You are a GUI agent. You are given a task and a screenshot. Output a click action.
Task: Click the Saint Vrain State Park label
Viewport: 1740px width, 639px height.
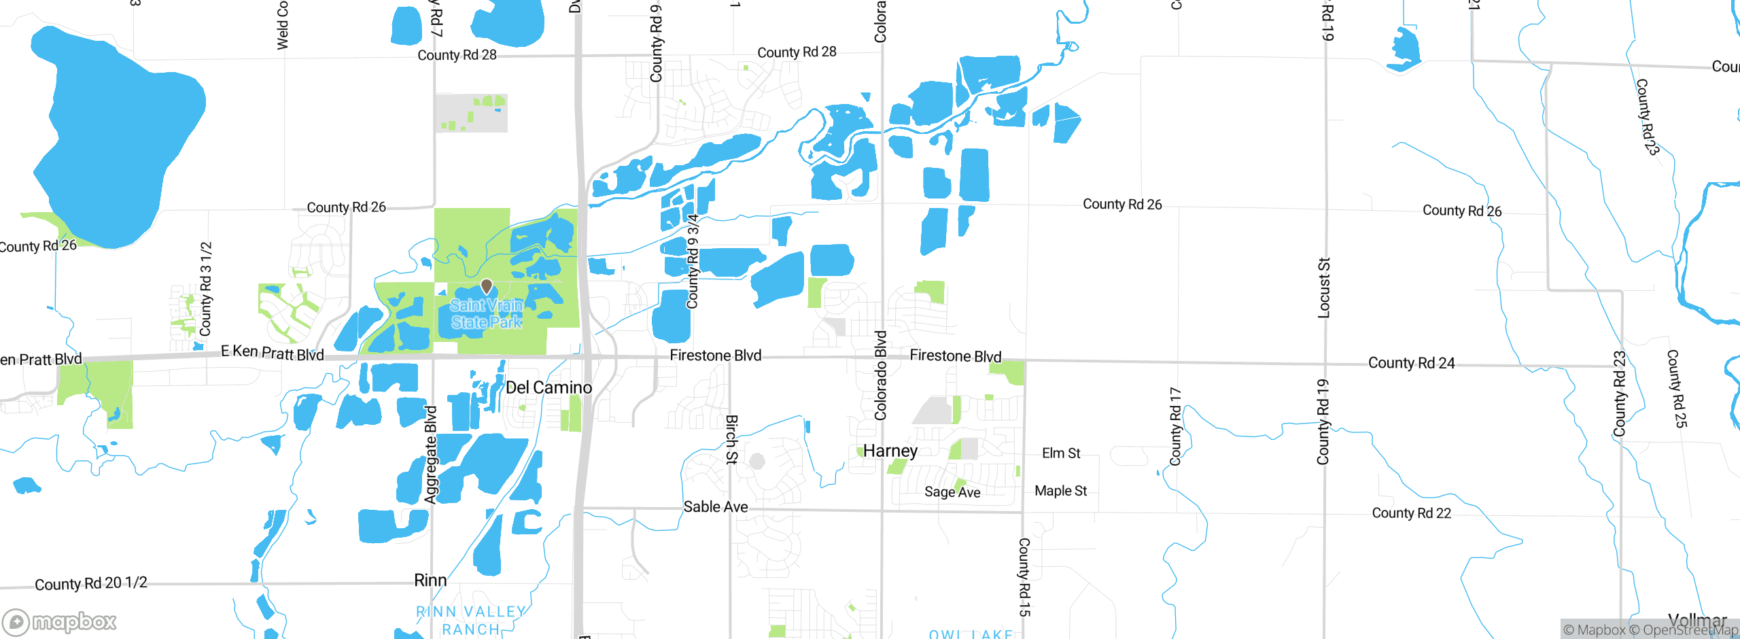click(486, 314)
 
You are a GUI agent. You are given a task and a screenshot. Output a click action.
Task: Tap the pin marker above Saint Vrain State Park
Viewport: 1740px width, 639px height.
click(486, 286)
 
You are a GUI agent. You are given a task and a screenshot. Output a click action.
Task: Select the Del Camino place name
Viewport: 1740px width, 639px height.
click(549, 387)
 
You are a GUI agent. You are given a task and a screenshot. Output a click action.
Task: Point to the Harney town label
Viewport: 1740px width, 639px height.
click(890, 451)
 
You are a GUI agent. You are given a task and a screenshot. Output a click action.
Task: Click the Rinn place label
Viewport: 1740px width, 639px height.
click(430, 580)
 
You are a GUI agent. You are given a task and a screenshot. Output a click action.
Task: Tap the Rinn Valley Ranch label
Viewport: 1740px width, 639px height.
click(471, 621)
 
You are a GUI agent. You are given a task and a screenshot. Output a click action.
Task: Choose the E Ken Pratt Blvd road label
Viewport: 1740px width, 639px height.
click(272, 352)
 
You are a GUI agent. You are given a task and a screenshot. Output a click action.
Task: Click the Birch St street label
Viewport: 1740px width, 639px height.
click(731, 440)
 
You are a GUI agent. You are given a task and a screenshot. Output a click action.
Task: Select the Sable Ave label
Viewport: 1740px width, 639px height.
click(715, 506)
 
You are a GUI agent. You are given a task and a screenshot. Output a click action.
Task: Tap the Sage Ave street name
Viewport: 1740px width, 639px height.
click(952, 492)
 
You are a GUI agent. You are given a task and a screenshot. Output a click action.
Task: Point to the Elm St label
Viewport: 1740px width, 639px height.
click(1060, 453)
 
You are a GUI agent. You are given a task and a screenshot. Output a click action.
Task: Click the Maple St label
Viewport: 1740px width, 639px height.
click(1060, 491)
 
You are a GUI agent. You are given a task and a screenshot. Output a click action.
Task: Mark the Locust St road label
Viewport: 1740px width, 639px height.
click(1323, 288)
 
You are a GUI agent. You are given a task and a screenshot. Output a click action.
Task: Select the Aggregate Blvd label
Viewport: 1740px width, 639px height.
click(431, 455)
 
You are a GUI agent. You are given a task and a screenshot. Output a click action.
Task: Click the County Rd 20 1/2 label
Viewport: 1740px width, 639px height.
click(90, 583)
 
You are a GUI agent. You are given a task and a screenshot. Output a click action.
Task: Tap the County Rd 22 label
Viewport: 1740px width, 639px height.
click(1411, 513)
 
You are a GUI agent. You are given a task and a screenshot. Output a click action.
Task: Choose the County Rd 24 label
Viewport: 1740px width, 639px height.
click(1411, 363)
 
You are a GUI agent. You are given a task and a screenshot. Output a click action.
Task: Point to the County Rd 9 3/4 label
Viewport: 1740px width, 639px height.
click(693, 262)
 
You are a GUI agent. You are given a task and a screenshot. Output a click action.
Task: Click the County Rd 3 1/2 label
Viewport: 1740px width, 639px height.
click(205, 289)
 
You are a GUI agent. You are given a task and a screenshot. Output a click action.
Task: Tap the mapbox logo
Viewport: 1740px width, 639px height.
click(60, 621)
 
